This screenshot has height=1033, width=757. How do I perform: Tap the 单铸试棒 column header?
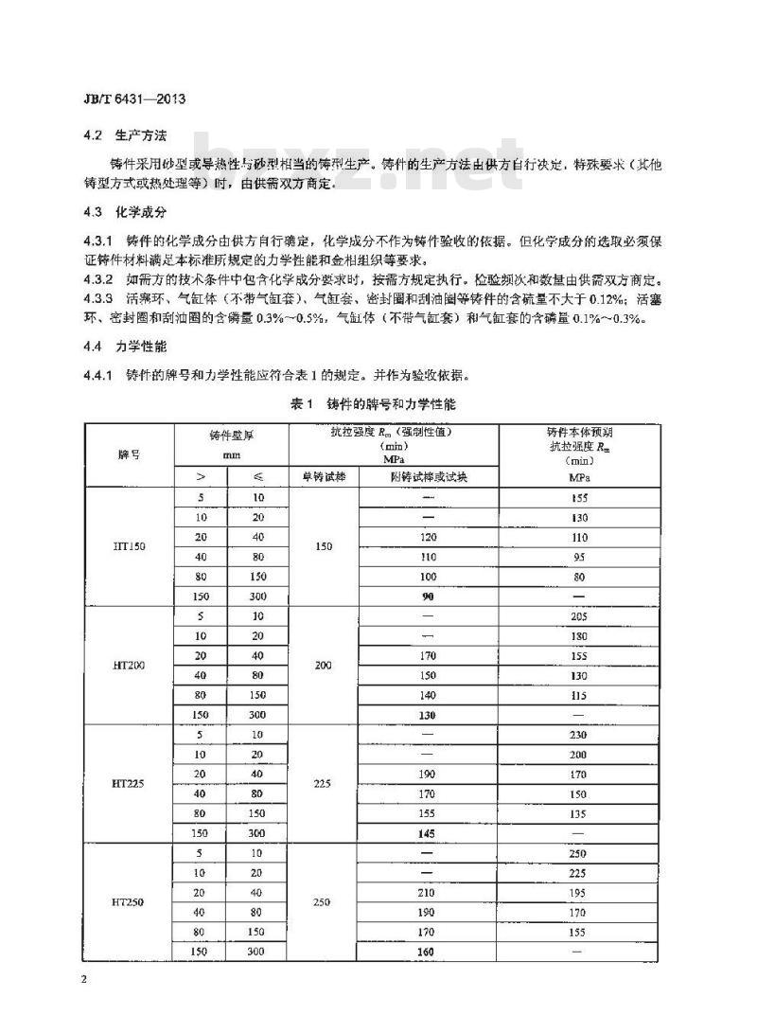(324, 477)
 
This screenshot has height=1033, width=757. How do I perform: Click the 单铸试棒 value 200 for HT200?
(324, 666)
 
